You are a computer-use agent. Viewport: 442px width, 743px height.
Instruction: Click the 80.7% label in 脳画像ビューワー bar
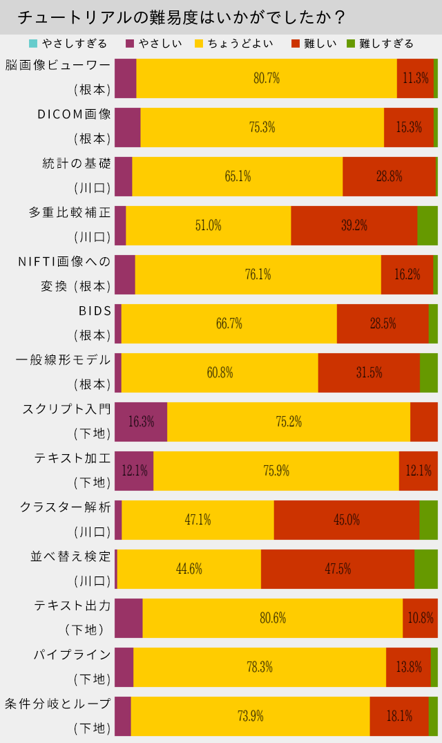click(x=267, y=78)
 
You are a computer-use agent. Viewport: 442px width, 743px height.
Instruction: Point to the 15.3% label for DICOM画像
click(x=409, y=127)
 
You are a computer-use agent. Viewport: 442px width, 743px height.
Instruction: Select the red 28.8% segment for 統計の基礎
click(x=390, y=176)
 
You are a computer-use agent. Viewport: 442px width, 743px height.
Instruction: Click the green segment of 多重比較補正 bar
click(x=427, y=225)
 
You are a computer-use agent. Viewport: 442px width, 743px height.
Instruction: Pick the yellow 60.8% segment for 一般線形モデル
click(x=220, y=373)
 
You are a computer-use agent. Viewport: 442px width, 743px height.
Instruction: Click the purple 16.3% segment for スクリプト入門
click(x=141, y=422)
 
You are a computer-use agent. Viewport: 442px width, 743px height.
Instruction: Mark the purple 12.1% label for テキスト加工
click(x=135, y=471)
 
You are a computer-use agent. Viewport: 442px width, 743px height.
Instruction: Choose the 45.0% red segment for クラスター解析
click(x=347, y=520)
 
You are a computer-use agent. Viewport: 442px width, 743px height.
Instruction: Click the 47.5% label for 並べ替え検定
click(x=338, y=569)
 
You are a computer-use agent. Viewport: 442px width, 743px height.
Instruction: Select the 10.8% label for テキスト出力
click(x=421, y=618)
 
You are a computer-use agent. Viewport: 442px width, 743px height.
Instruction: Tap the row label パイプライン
click(x=73, y=654)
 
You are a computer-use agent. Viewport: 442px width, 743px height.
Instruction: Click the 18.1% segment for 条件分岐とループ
click(x=399, y=716)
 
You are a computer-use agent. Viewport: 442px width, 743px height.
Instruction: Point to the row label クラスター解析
click(x=65, y=507)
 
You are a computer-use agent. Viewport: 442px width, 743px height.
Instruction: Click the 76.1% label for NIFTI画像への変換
click(x=258, y=274)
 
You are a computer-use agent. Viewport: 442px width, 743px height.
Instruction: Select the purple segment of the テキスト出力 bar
click(x=128, y=618)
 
